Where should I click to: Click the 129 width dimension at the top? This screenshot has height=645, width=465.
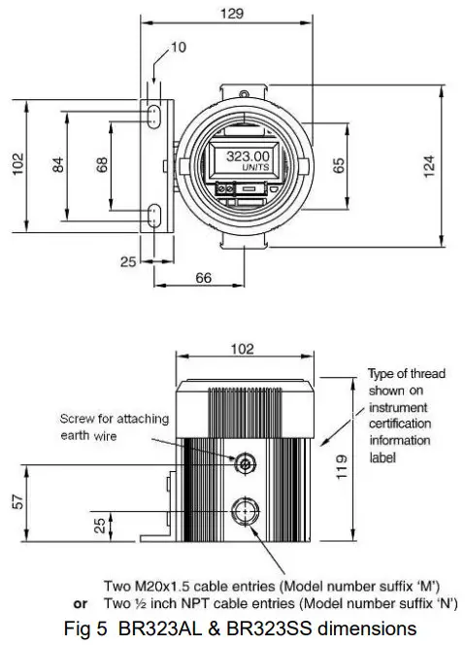232,15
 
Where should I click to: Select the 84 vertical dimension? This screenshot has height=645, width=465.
58,166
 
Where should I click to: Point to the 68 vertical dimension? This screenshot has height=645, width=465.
102,166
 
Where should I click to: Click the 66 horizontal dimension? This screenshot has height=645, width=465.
203,278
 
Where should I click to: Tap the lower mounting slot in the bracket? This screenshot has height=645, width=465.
154,216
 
